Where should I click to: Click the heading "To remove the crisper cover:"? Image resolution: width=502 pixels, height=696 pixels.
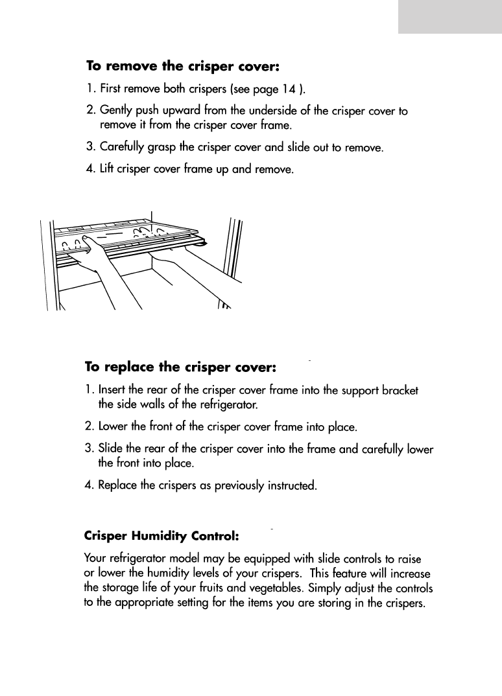click(183, 66)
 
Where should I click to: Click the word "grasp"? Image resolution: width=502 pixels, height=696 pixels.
click(173, 148)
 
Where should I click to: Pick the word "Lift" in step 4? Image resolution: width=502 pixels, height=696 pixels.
click(107, 170)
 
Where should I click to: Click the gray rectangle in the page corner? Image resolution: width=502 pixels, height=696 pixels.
click(449, 16)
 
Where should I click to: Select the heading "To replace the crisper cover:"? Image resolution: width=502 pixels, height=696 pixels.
click(182, 367)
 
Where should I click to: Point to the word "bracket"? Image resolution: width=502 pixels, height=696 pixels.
click(401, 391)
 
